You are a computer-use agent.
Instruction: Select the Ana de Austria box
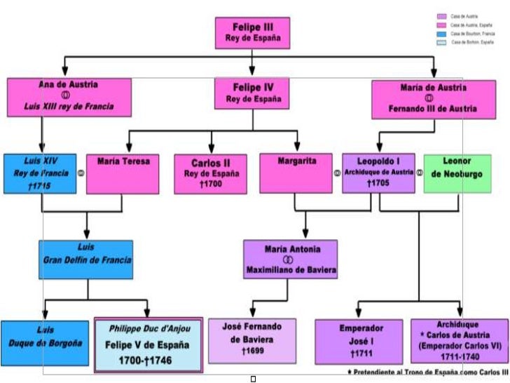[x=69, y=97]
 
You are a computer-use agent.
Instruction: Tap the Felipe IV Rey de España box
[x=252, y=93]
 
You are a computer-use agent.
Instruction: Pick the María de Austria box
[x=433, y=99]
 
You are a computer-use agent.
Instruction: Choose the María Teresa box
[x=123, y=173]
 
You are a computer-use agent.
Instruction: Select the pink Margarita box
[x=296, y=173]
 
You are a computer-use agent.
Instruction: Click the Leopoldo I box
[x=378, y=173]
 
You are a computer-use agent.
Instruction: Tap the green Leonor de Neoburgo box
[x=457, y=173]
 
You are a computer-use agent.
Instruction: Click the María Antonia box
[x=291, y=260]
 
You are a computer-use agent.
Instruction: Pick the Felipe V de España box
[x=149, y=344]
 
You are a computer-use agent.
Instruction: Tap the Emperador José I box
[x=359, y=342]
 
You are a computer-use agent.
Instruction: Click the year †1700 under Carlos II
[x=211, y=184]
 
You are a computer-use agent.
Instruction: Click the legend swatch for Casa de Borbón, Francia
[x=441, y=34]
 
